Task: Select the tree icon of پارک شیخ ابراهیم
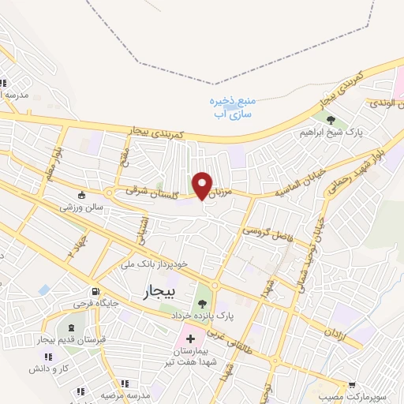click(x=330, y=120)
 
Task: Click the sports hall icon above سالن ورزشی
click(x=81, y=195)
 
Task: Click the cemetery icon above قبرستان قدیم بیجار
click(x=73, y=327)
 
